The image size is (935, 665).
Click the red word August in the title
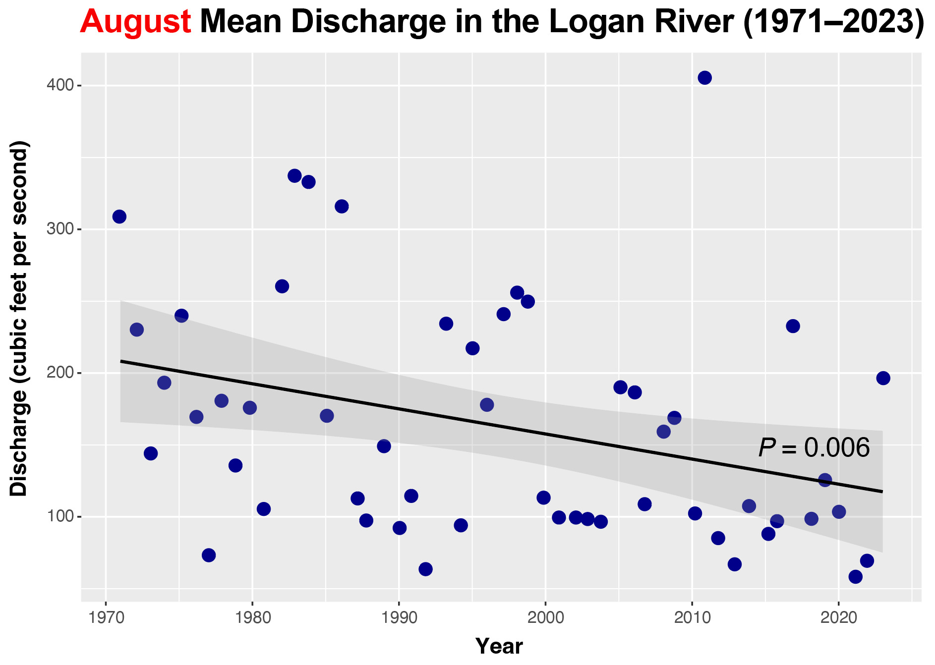(135, 22)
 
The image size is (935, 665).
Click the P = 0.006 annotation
(814, 448)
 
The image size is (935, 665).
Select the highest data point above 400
(704, 78)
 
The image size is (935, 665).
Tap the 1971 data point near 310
(119, 217)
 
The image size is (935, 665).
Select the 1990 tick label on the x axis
(399, 617)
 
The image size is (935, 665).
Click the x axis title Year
(499, 646)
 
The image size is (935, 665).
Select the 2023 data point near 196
(883, 378)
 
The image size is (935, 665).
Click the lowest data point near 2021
(855, 577)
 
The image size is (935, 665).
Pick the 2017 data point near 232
(793, 326)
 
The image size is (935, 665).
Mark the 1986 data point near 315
(342, 206)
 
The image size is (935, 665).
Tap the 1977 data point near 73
(209, 555)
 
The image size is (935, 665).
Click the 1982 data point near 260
(282, 286)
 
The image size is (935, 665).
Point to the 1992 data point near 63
(425, 569)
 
